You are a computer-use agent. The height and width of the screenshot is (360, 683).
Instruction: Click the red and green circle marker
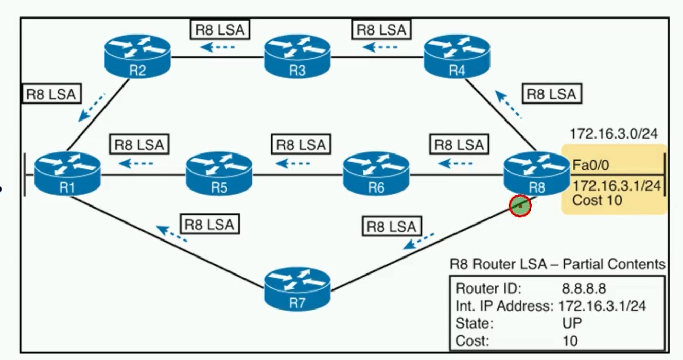(520, 205)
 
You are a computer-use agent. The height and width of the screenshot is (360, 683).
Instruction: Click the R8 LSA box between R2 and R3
(219, 29)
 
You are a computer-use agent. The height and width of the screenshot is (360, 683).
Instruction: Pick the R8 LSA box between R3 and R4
(381, 29)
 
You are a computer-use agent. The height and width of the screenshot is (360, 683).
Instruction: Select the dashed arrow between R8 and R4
(510, 105)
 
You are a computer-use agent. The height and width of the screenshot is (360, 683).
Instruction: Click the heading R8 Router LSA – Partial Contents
(557, 264)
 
